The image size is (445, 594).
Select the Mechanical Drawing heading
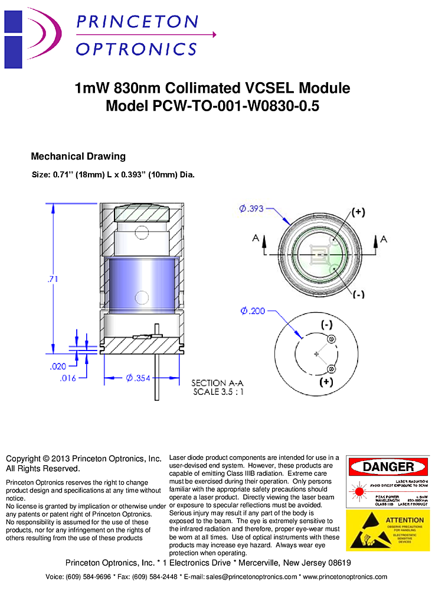point(78,157)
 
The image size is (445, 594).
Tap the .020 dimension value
point(57,366)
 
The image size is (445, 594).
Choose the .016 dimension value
point(68,379)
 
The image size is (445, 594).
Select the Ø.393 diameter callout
point(251,209)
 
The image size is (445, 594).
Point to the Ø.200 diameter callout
point(253,311)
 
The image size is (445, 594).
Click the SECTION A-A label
point(218,383)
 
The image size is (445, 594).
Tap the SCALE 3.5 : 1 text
point(218,391)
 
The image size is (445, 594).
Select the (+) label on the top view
point(358,213)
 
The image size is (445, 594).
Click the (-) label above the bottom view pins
point(326,325)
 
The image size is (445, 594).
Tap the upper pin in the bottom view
point(331,339)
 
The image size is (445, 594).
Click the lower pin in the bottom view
point(331,369)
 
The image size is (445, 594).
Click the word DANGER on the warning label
point(388,467)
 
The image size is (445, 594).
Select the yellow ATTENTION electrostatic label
point(388,531)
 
